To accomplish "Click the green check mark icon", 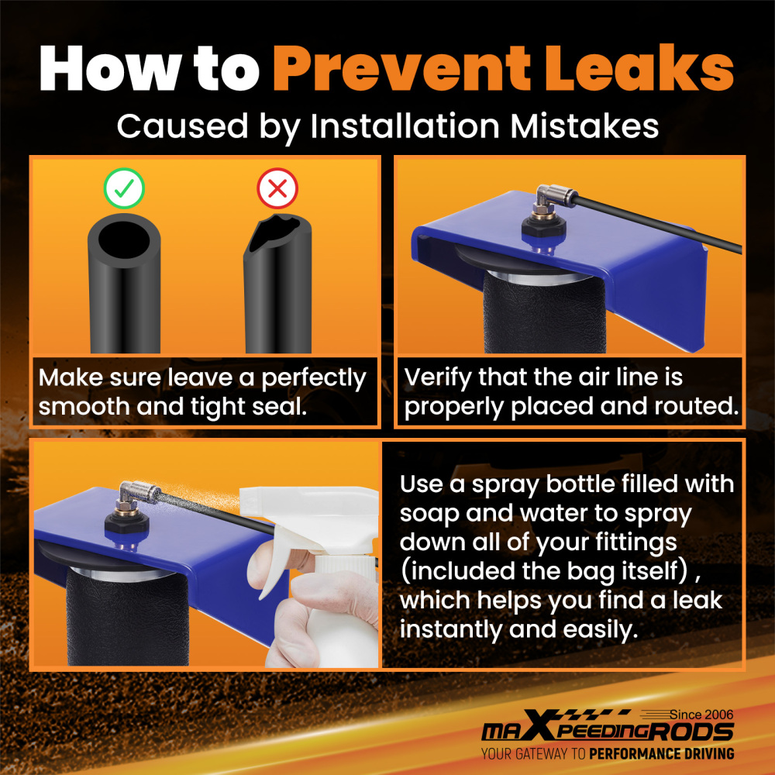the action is click(x=124, y=188).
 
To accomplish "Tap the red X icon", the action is click(x=277, y=188).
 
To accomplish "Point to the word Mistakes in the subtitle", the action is click(x=584, y=126).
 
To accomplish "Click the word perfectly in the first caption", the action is click(x=314, y=379).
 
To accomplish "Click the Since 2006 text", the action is click(x=701, y=715).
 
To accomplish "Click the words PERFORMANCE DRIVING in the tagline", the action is click(x=661, y=754).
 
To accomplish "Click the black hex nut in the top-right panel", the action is click(x=544, y=229).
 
